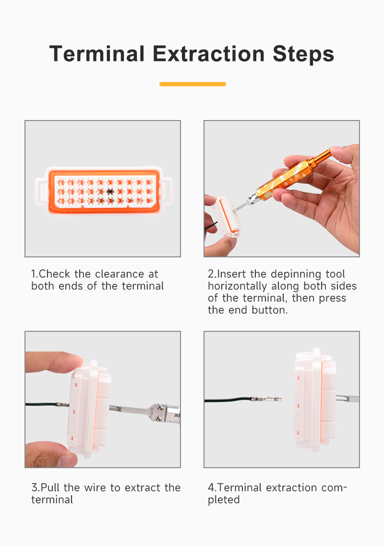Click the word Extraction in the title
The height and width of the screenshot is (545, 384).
click(x=208, y=54)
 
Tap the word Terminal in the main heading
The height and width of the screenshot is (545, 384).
click(x=97, y=54)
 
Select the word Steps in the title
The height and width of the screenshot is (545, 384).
click(x=303, y=55)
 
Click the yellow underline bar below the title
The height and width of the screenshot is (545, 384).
click(x=192, y=84)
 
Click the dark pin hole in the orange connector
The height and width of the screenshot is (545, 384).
click(x=110, y=191)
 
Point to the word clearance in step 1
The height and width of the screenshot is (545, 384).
click(x=120, y=274)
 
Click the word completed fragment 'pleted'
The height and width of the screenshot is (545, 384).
click(x=224, y=500)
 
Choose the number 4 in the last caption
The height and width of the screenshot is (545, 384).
click(x=211, y=488)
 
